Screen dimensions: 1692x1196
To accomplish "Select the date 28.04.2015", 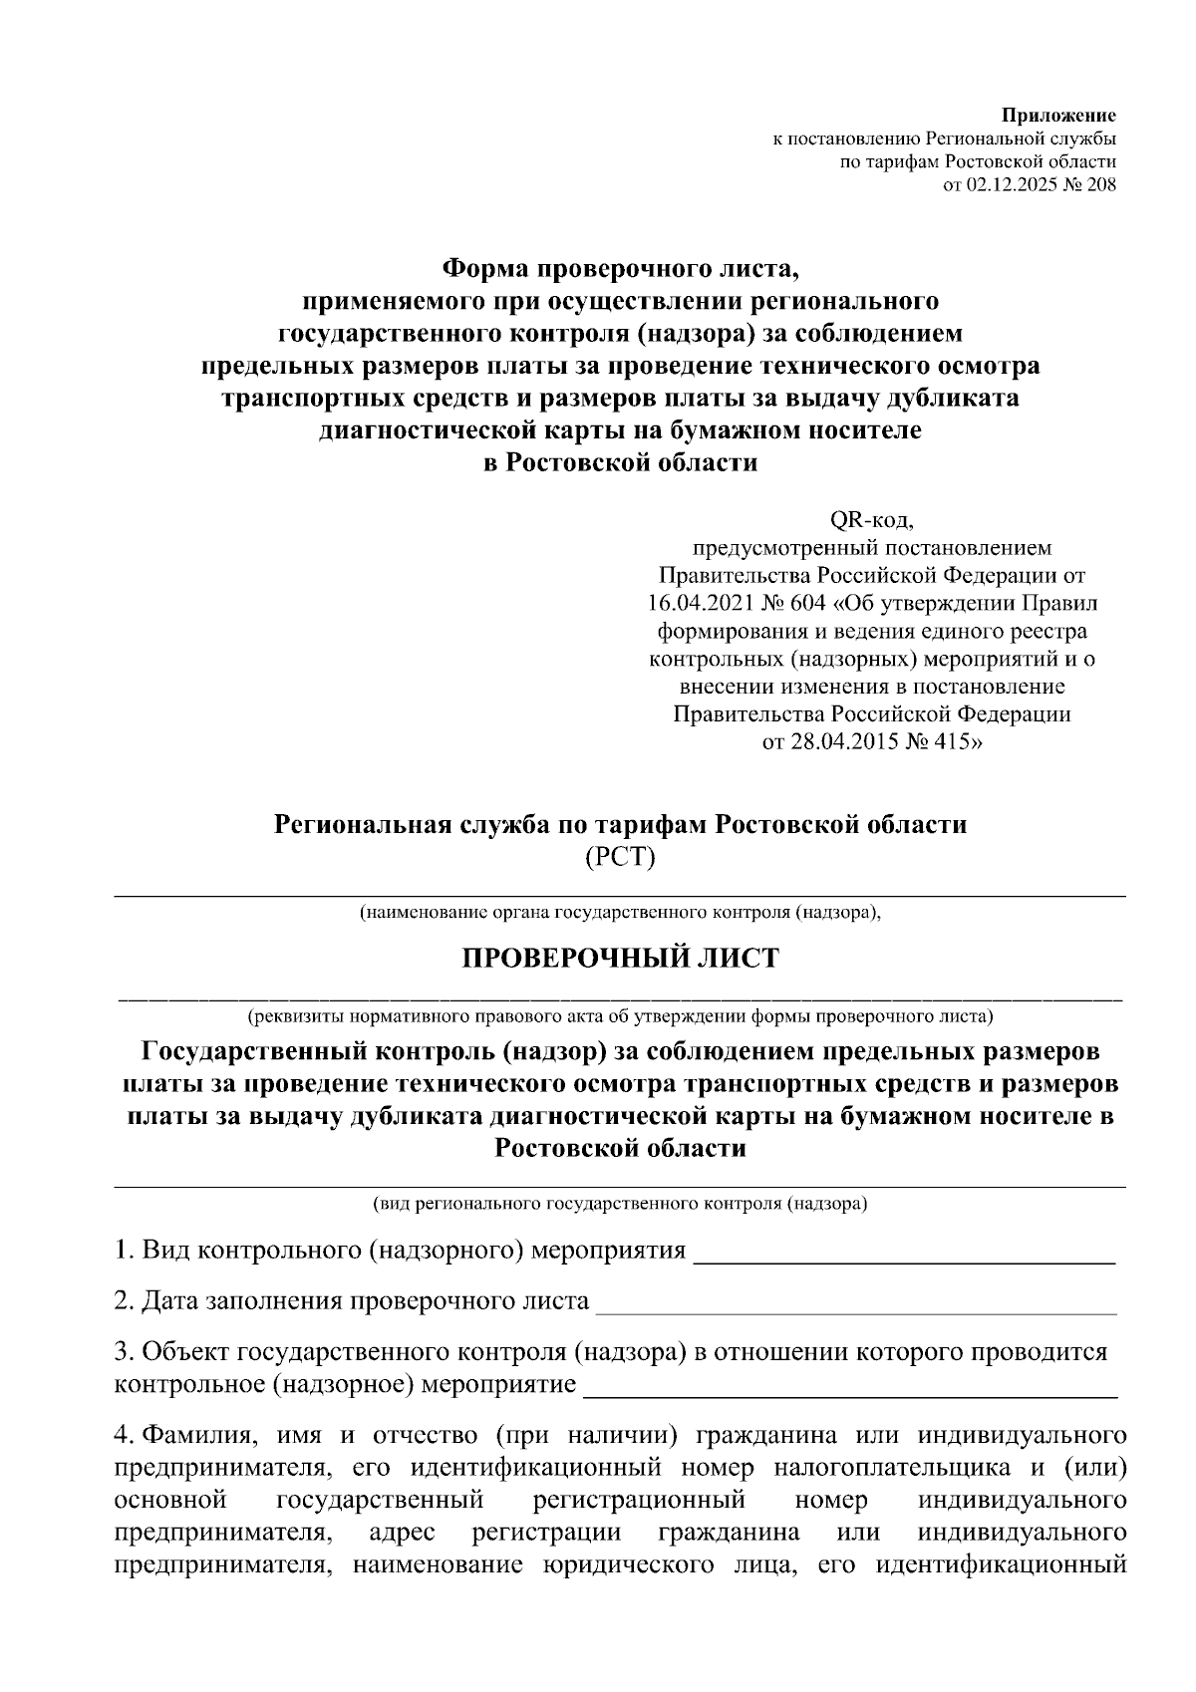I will click(x=851, y=742).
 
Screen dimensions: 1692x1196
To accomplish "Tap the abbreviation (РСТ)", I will click(x=620, y=856).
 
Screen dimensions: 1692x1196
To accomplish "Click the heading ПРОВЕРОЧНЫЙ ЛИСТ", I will click(x=620, y=958).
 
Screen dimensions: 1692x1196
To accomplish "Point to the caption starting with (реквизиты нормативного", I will click(x=620, y=1017).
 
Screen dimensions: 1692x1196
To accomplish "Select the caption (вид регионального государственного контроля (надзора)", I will click(x=620, y=1204).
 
